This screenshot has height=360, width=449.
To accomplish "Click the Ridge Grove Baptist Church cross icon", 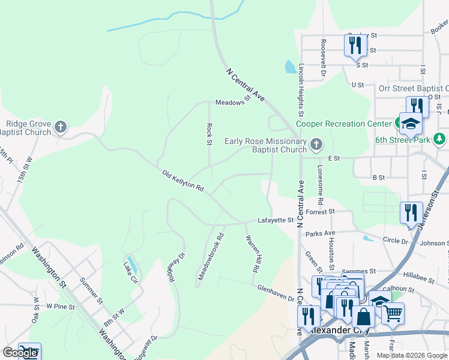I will tap(60, 127).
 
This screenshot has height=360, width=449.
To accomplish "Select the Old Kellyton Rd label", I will tap(183, 181).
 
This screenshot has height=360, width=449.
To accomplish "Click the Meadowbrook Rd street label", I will tap(210, 256).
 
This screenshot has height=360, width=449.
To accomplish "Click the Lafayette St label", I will tap(275, 220).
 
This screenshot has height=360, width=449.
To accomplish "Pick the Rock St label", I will tap(209, 134).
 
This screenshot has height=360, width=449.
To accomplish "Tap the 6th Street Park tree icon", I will tap(440, 139).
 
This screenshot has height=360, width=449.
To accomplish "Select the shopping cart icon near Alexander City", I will tap(393, 313).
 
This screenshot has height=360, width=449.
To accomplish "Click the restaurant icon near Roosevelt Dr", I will tap(355, 45).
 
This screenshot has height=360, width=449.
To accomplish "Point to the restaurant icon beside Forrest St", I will tap(411, 212).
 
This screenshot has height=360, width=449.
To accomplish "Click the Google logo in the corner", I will tap(20, 352).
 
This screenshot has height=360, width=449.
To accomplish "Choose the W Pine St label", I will tap(60, 307).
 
